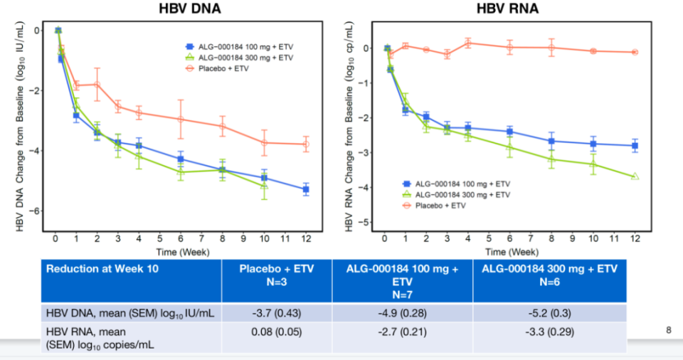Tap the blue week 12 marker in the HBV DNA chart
tap(305, 189)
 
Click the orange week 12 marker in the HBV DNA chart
tap(305, 144)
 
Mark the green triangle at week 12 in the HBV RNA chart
tap(635, 176)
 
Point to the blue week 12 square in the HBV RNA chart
tap(635, 146)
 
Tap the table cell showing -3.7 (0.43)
tap(277, 314)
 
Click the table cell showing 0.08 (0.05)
tap(277, 332)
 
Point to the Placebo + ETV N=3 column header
tap(277, 275)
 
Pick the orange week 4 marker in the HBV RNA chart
tap(468, 43)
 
